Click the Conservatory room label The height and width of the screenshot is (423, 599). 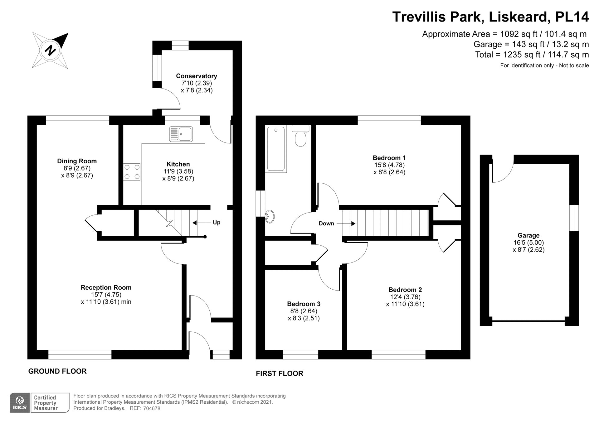click(x=197, y=76)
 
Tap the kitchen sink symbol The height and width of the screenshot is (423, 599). click(x=181, y=134)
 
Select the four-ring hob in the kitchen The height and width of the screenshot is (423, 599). click(x=132, y=172)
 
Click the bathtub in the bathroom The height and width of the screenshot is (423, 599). click(x=276, y=149)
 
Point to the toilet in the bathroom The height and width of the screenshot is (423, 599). click(x=301, y=136)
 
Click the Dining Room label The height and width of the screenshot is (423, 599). click(x=77, y=161)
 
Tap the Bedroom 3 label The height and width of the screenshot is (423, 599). click(x=304, y=304)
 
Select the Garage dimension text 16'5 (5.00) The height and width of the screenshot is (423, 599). click(x=528, y=243)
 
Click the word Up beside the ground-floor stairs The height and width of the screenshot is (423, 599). click(x=217, y=223)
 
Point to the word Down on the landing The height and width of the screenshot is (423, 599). click(x=326, y=224)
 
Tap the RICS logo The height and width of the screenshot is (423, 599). click(x=20, y=403)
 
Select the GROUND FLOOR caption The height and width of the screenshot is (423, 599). click(x=57, y=371)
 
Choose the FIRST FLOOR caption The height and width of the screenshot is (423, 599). click(x=280, y=373)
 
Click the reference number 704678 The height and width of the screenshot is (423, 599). click(x=151, y=408)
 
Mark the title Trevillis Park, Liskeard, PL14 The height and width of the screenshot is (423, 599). click(x=490, y=17)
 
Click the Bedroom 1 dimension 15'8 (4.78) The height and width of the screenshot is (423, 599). click(x=389, y=165)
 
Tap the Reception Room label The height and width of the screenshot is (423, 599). click(x=106, y=287)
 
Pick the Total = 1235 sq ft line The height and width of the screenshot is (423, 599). click(x=532, y=55)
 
